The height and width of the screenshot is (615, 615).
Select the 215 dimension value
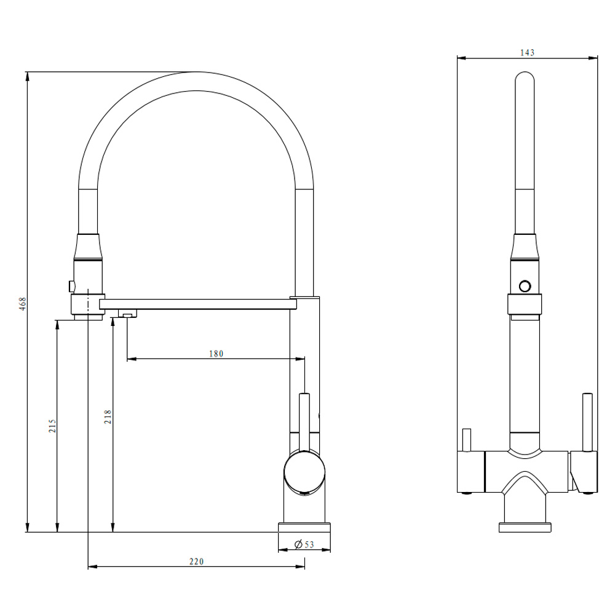pos(52,426)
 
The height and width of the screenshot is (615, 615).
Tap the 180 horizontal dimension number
pos(215,354)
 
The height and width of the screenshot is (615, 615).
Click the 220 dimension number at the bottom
pos(196,561)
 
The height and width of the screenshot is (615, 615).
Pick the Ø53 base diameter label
pos(304,544)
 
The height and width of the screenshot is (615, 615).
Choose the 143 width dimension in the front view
pos(527,53)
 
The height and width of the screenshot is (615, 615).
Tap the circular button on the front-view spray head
pos(525,286)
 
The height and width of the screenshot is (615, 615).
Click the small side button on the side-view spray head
pos(72,285)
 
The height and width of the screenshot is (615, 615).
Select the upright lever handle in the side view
pos(304,418)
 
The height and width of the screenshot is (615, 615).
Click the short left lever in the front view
pos(466,439)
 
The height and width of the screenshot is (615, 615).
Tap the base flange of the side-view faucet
pos(304,528)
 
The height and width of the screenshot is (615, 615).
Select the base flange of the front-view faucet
pos(525,527)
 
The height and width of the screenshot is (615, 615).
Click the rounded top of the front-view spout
pos(524,83)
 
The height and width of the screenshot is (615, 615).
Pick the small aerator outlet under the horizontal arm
pos(128,315)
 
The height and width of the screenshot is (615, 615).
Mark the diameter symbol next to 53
pos(298,544)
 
